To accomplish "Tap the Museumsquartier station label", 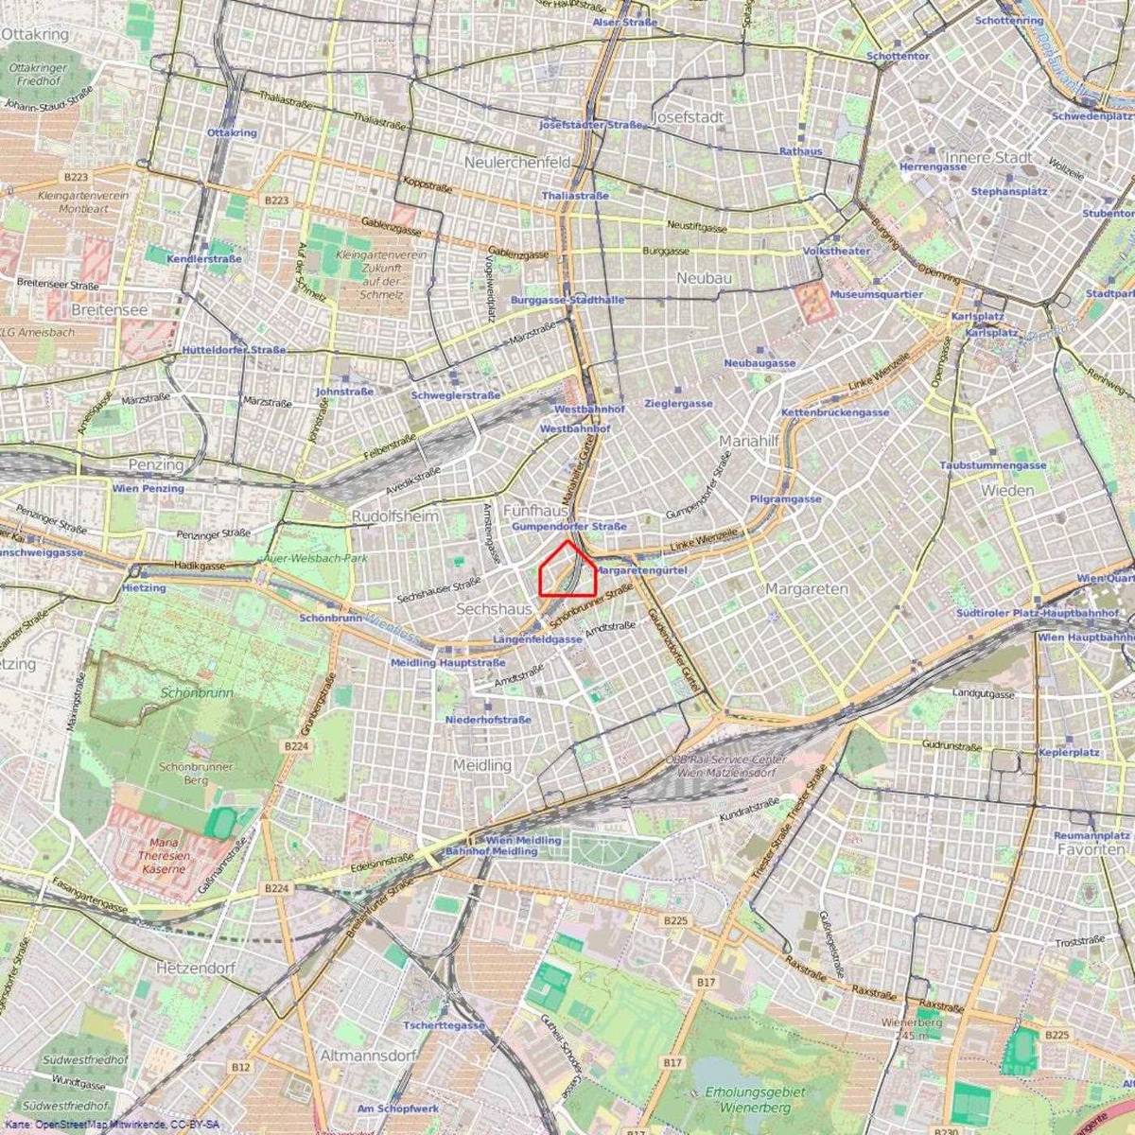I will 876,294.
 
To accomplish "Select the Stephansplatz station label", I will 1009,191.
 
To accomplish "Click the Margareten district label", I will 806,588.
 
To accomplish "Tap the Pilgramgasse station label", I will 785,498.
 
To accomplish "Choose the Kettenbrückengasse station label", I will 834,412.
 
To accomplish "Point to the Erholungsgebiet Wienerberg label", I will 755,1099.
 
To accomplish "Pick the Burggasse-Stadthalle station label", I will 567,299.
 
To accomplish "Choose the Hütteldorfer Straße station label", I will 234,350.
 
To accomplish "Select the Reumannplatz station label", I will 1091,836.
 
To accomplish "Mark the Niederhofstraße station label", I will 488,720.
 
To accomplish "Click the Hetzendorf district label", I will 194,969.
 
